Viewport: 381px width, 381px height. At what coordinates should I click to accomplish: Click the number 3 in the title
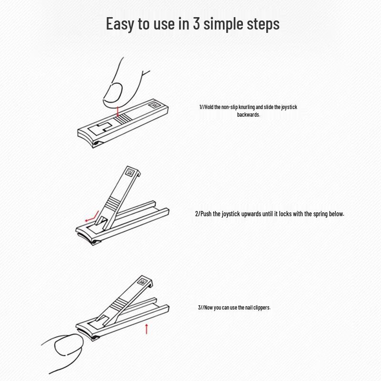[x=196, y=24]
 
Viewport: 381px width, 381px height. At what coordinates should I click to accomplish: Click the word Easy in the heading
[x=120, y=24]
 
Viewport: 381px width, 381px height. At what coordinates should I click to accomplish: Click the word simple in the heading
[x=223, y=24]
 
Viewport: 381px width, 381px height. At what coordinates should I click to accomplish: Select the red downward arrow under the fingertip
[x=118, y=111]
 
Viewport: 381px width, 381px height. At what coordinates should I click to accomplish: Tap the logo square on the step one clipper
[x=154, y=106]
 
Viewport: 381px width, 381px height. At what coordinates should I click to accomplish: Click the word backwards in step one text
[x=248, y=115]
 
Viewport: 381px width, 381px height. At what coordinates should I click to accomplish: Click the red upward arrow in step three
[x=146, y=328]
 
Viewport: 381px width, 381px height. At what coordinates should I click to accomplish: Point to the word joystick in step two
[x=223, y=214]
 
